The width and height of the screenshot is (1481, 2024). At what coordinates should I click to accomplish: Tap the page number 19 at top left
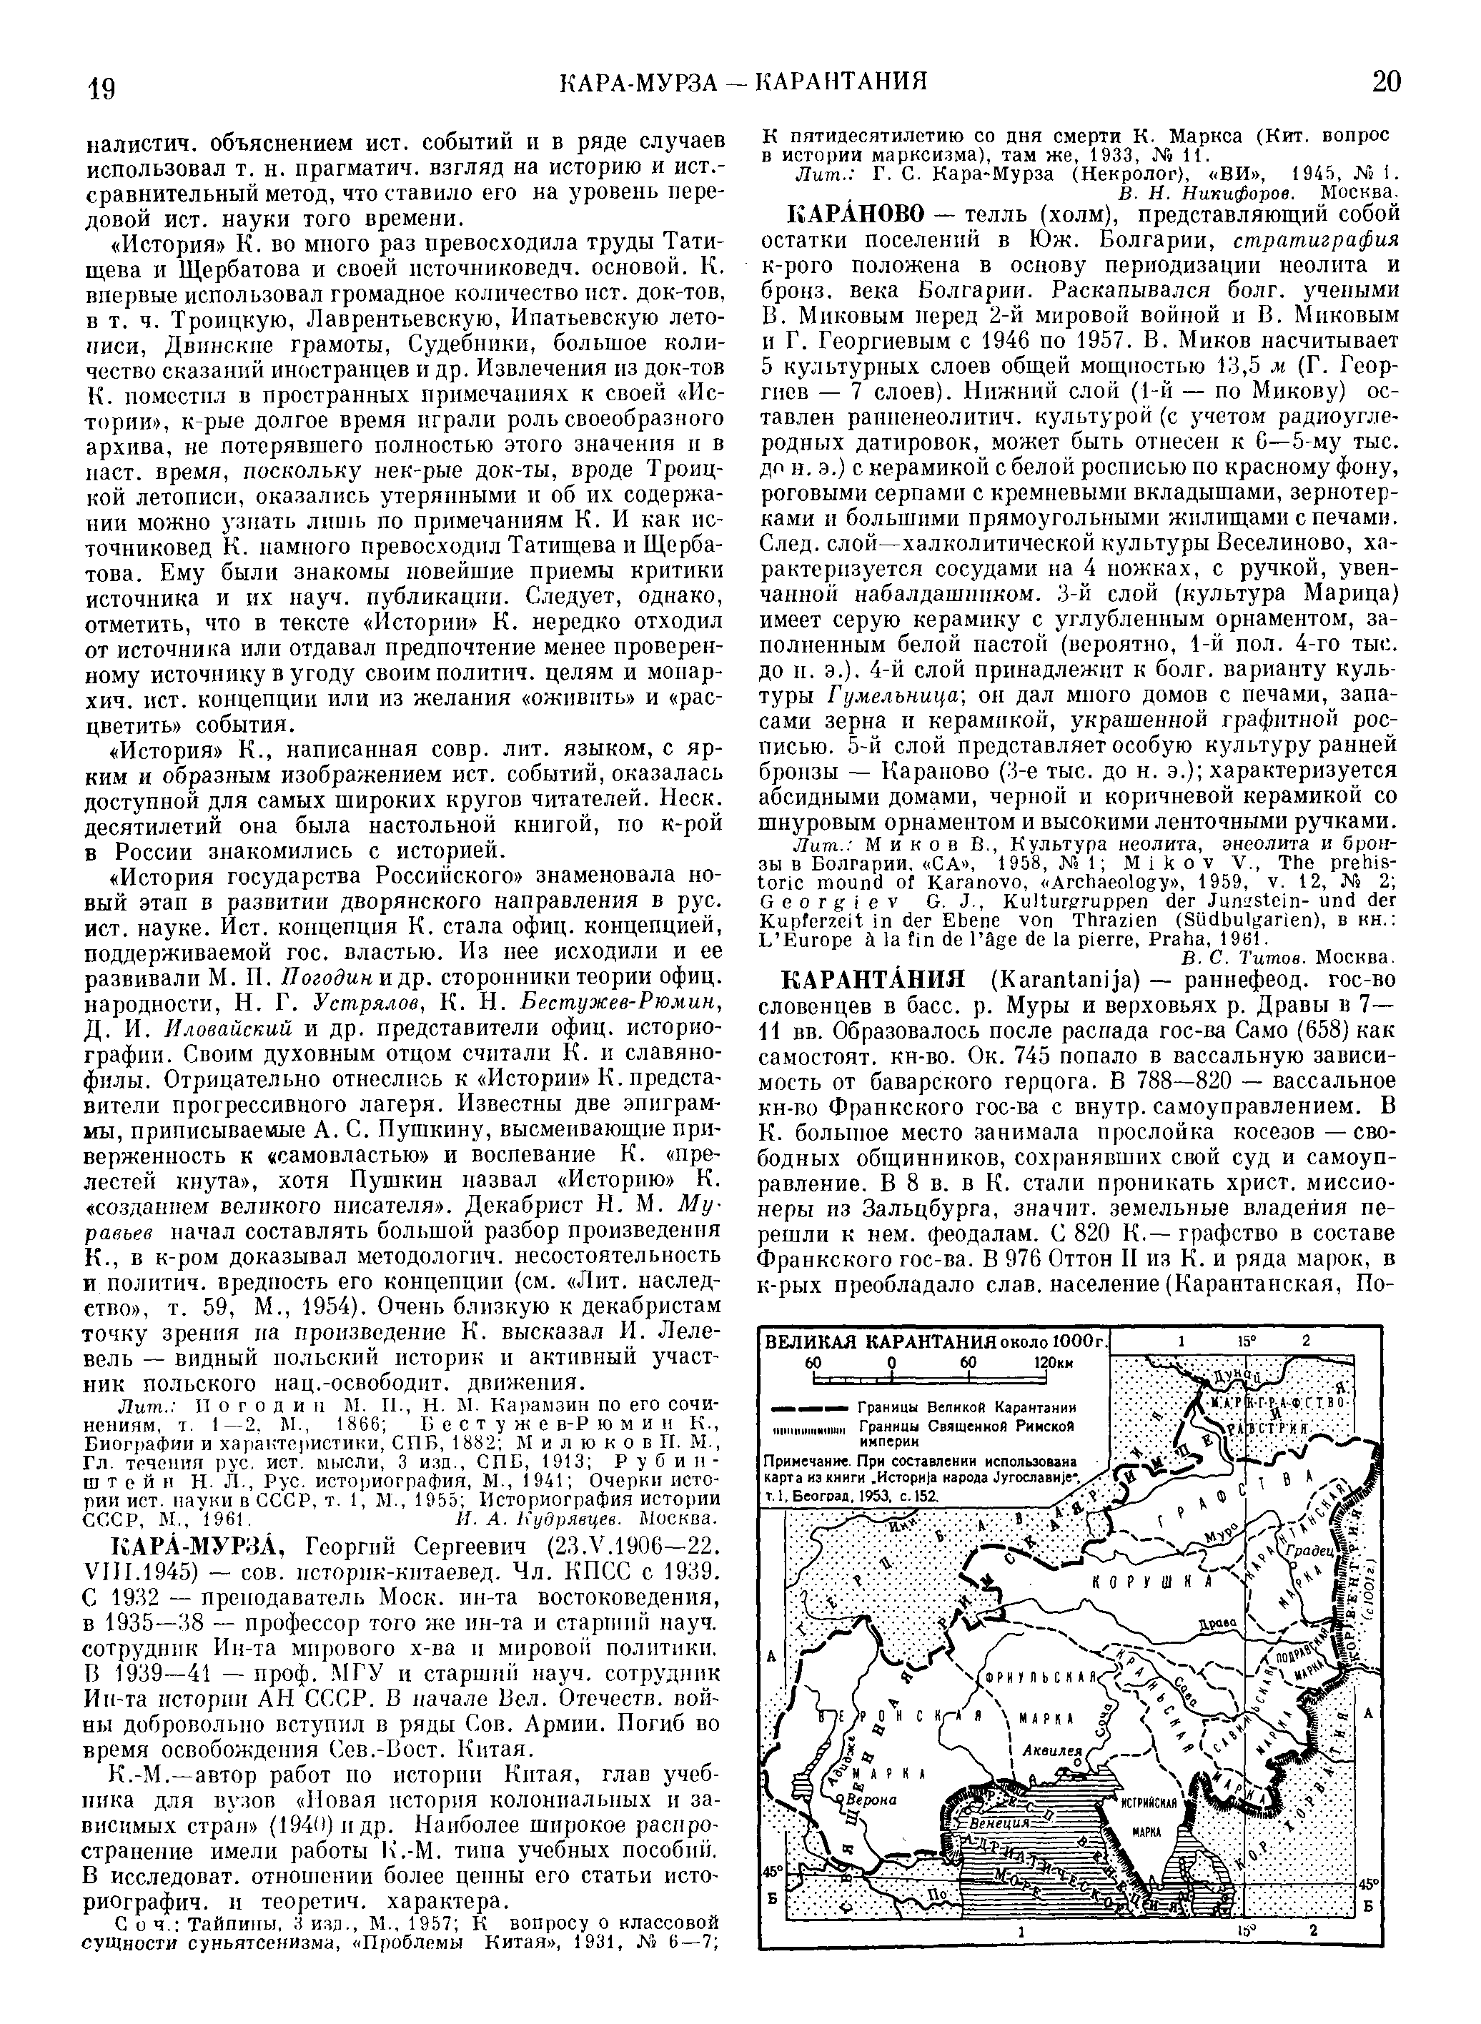tap(101, 88)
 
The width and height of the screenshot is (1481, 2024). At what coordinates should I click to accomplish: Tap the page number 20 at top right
tap(1385, 82)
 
